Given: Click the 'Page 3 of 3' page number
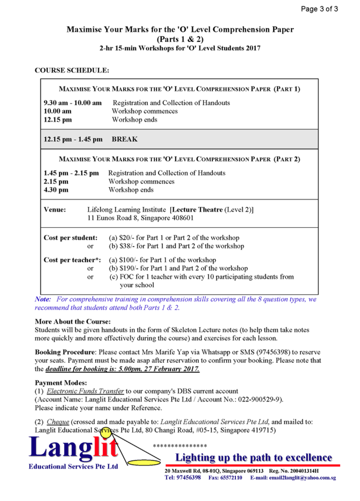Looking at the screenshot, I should pos(319,9).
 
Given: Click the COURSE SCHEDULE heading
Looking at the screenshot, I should pos(72,71).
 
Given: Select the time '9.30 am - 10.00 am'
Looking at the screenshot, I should pos(73,103).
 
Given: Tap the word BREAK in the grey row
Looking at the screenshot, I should pos(125,140).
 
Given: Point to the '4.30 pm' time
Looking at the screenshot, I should pos(56,190).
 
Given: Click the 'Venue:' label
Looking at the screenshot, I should pos(55,210).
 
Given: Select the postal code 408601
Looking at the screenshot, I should pos(181,218).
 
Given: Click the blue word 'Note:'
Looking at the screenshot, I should pos(43,299).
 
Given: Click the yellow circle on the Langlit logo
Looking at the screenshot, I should pos(106,433).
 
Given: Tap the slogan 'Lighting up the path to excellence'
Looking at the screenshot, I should pos(254,458).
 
